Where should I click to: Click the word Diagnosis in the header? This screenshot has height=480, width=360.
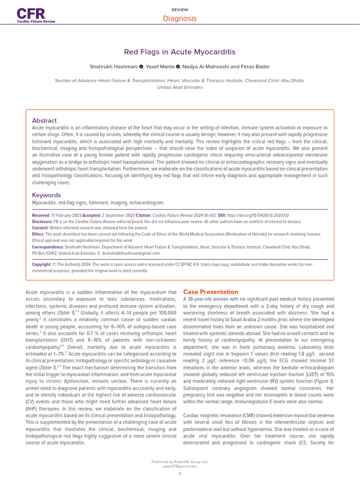pyautogui.click(x=180, y=19)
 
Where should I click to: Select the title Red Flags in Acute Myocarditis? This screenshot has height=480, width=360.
pyautogui.click(x=180, y=52)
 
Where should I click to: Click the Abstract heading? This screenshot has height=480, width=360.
pyautogui.click(x=44, y=120)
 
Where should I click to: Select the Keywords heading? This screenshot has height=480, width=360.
pyautogui.click(x=46, y=195)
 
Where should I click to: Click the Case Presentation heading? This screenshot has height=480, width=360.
pyautogui.click(x=210, y=292)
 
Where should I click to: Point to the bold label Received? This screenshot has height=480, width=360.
pyautogui.click(x=41, y=215)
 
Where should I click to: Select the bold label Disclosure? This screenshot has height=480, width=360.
pyautogui.click(x=42, y=222)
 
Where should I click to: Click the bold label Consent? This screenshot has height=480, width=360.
pyautogui.click(x=41, y=228)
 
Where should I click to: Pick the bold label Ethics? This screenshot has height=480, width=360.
pyautogui.click(x=38, y=234)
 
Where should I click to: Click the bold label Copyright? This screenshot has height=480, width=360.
pyautogui.click(x=41, y=264)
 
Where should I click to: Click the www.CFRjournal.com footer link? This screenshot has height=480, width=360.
pyautogui.click(x=180, y=466)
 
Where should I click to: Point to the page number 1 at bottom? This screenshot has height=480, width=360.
pyautogui.click(x=180, y=474)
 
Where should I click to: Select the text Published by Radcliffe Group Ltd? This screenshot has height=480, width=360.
pyautogui.click(x=180, y=462)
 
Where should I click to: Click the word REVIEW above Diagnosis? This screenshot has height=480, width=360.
pyautogui.click(x=180, y=9)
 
